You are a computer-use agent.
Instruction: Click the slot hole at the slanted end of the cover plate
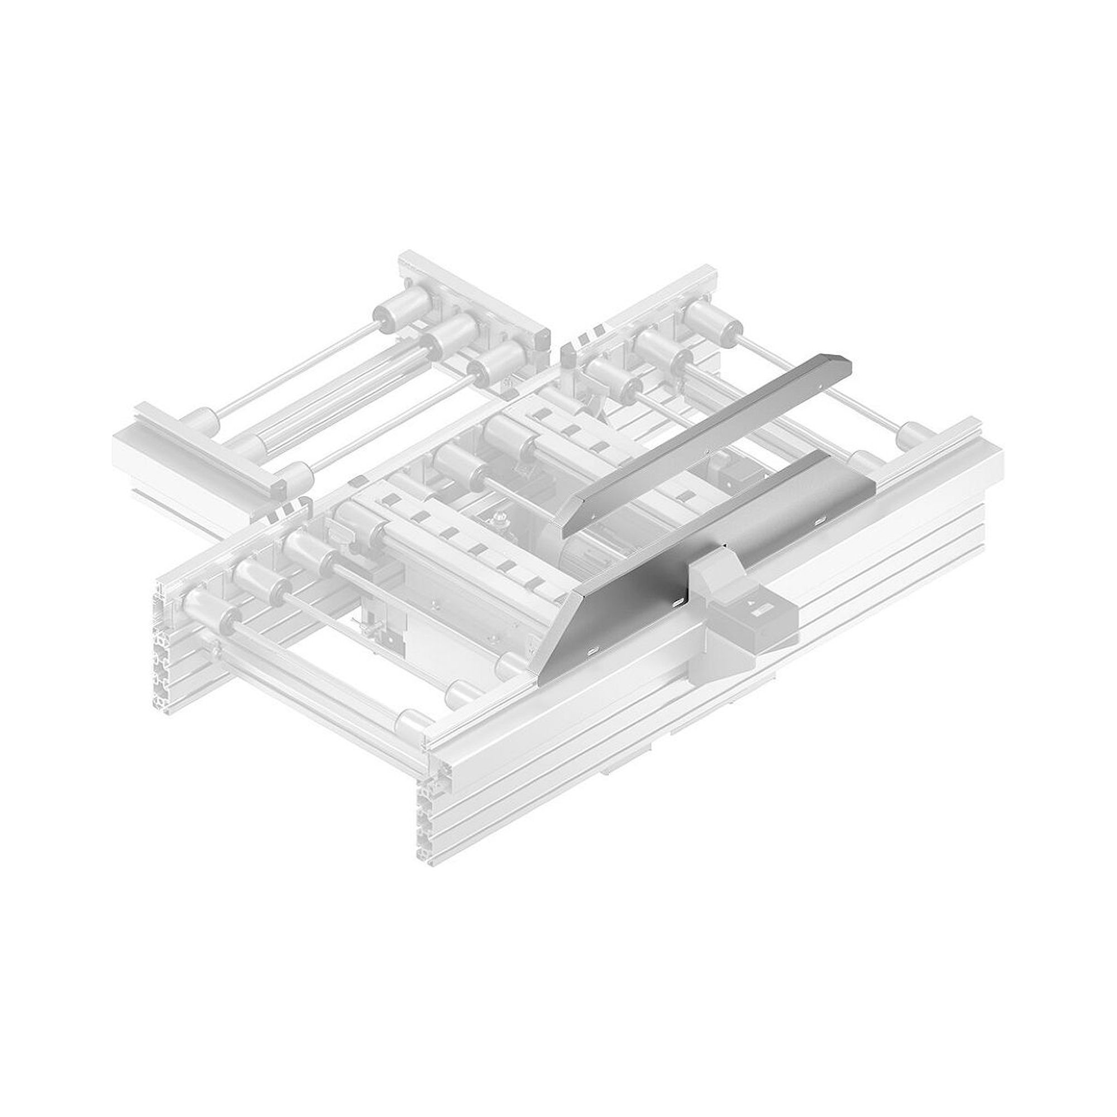click(x=593, y=652)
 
